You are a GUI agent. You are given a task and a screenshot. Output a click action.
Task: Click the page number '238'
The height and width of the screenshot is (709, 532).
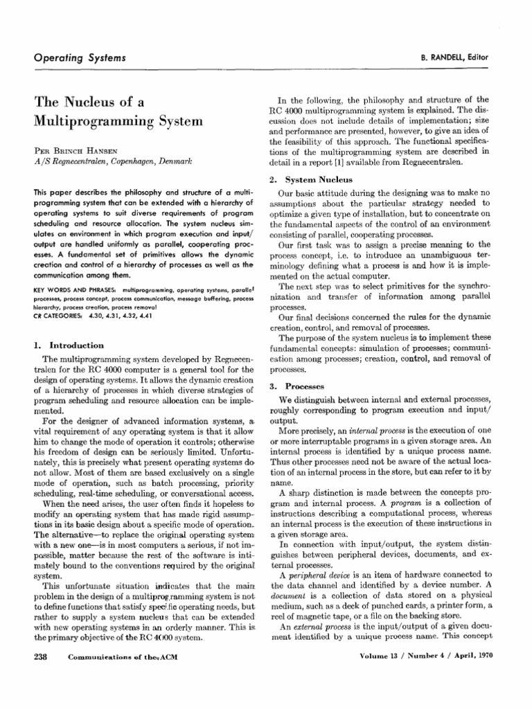click(x=42, y=679)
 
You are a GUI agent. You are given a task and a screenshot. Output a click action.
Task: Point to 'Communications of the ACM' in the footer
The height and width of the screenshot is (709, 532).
click(x=129, y=679)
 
